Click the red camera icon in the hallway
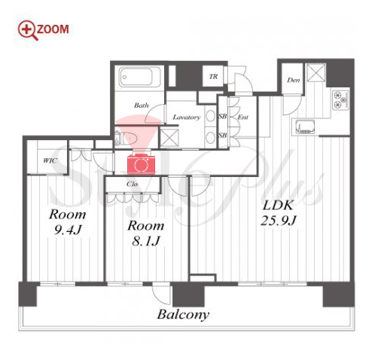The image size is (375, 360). tap(141, 164)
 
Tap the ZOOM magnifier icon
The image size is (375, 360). tap(28, 30)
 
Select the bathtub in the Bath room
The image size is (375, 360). tap(139, 77)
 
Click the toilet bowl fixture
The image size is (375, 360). tap(129, 138)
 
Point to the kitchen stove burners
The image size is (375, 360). tap(340, 99)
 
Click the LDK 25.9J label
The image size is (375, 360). tap(278, 213)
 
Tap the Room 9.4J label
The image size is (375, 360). tap(68, 222)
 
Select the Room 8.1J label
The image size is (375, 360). tap(146, 233)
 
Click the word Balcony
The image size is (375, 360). tap(183, 315)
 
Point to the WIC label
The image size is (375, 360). tap(50, 160)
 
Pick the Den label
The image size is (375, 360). tap(294, 80)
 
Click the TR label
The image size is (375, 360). tap(213, 77)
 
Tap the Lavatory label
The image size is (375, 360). tap(187, 117)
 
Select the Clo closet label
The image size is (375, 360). tap(132, 184)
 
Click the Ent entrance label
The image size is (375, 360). tap(243, 117)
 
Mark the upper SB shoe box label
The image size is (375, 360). tap(223, 116)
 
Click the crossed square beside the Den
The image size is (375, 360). tap(316, 73)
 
